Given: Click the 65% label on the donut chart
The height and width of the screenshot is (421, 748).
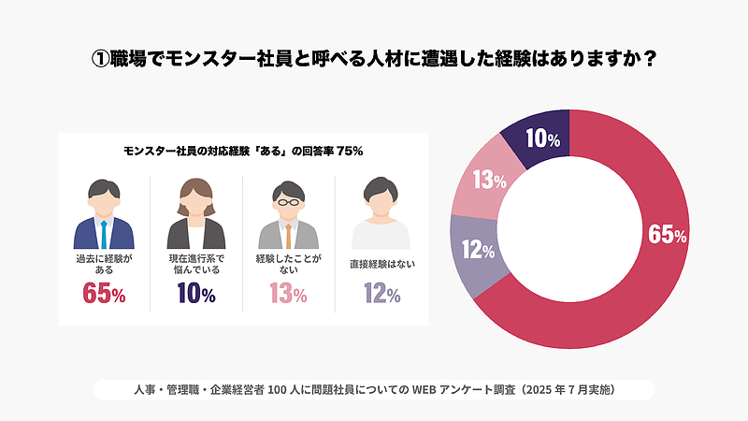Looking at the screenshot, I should (668, 235).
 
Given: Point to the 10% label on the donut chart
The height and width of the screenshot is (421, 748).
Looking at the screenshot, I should (542, 139).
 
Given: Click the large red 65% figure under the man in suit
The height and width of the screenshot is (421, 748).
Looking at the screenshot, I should (104, 294).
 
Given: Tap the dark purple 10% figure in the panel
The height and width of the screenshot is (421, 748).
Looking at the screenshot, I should (196, 294).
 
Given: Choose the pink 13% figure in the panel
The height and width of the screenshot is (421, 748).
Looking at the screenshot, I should (288, 294).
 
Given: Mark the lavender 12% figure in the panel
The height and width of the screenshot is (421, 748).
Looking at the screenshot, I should (381, 294).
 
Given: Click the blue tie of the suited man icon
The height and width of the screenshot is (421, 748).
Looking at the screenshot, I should (104, 233).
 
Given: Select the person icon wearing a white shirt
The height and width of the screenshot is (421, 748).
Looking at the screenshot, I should (381, 215).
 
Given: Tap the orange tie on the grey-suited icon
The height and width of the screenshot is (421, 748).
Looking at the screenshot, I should (289, 233).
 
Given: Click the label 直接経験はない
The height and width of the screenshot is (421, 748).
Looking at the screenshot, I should (381, 264).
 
